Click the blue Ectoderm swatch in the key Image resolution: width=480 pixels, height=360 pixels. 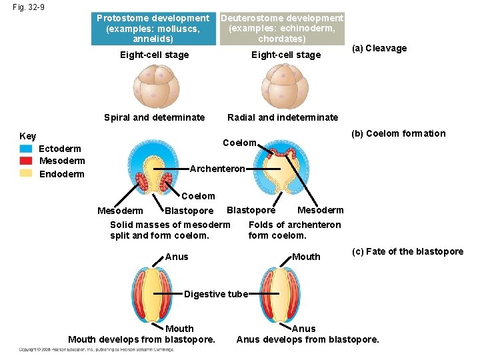(x=27, y=149)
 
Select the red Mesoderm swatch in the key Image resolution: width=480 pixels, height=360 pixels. (x=27, y=161)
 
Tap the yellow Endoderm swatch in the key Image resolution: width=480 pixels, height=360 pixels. (x=27, y=173)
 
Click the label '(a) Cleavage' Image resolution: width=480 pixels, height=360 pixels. (x=379, y=48)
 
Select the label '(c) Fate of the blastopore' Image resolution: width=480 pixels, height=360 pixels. (x=407, y=251)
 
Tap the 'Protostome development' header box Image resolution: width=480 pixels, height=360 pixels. (x=153, y=29)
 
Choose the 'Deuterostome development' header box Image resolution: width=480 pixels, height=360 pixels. (x=282, y=29)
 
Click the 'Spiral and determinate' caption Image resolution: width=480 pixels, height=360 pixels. (x=155, y=117)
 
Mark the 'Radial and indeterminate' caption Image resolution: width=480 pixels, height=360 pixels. (x=283, y=117)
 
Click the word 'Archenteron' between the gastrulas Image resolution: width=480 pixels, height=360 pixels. (x=217, y=169)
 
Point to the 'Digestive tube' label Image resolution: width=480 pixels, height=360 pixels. (x=216, y=294)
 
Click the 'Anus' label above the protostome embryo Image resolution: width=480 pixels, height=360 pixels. (x=177, y=257)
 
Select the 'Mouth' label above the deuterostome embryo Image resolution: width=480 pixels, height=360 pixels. (x=307, y=257)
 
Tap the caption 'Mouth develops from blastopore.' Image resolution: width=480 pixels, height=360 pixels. (x=142, y=339)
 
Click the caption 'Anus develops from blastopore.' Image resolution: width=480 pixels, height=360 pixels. (x=307, y=339)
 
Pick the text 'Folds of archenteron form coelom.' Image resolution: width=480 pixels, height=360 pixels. (x=294, y=230)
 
